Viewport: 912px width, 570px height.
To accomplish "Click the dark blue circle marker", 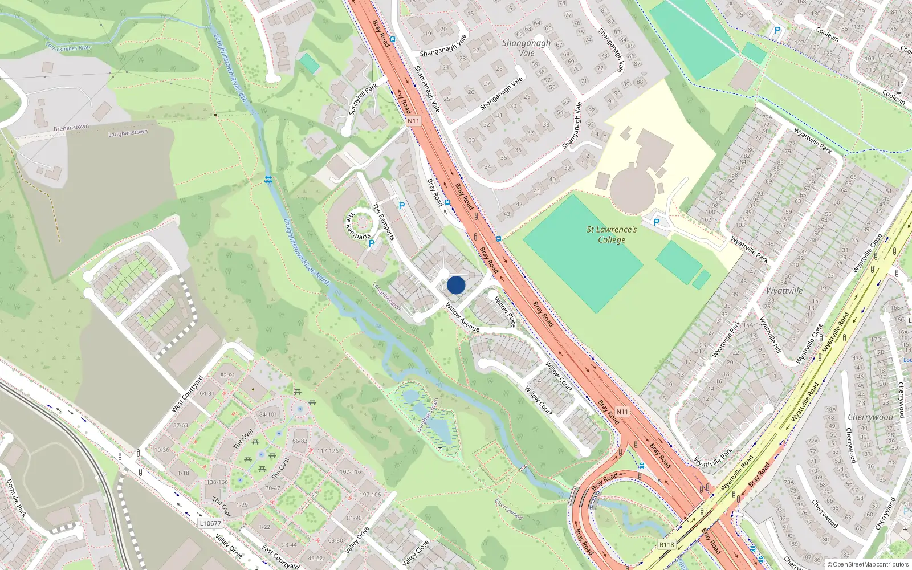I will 456,285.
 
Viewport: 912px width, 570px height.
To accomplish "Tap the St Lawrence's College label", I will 612,234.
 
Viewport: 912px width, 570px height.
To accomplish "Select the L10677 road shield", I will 210,523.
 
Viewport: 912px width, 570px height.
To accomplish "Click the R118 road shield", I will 667,545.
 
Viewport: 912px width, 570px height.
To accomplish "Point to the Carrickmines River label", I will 68,46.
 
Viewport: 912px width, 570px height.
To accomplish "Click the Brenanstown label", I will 71,128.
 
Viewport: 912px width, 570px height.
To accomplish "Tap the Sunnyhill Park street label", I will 363,99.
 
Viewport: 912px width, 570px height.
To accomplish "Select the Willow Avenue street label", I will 462,318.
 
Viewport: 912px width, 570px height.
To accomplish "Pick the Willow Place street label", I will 504,312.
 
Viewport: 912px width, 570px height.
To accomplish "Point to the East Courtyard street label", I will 280,557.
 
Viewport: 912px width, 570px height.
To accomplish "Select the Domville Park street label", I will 16,498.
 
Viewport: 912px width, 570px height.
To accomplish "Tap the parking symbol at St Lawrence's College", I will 656,222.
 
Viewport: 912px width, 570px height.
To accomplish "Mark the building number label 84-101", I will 268,414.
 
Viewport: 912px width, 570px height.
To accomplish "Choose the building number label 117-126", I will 328,451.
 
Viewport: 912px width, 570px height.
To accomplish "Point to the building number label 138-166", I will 218,482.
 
